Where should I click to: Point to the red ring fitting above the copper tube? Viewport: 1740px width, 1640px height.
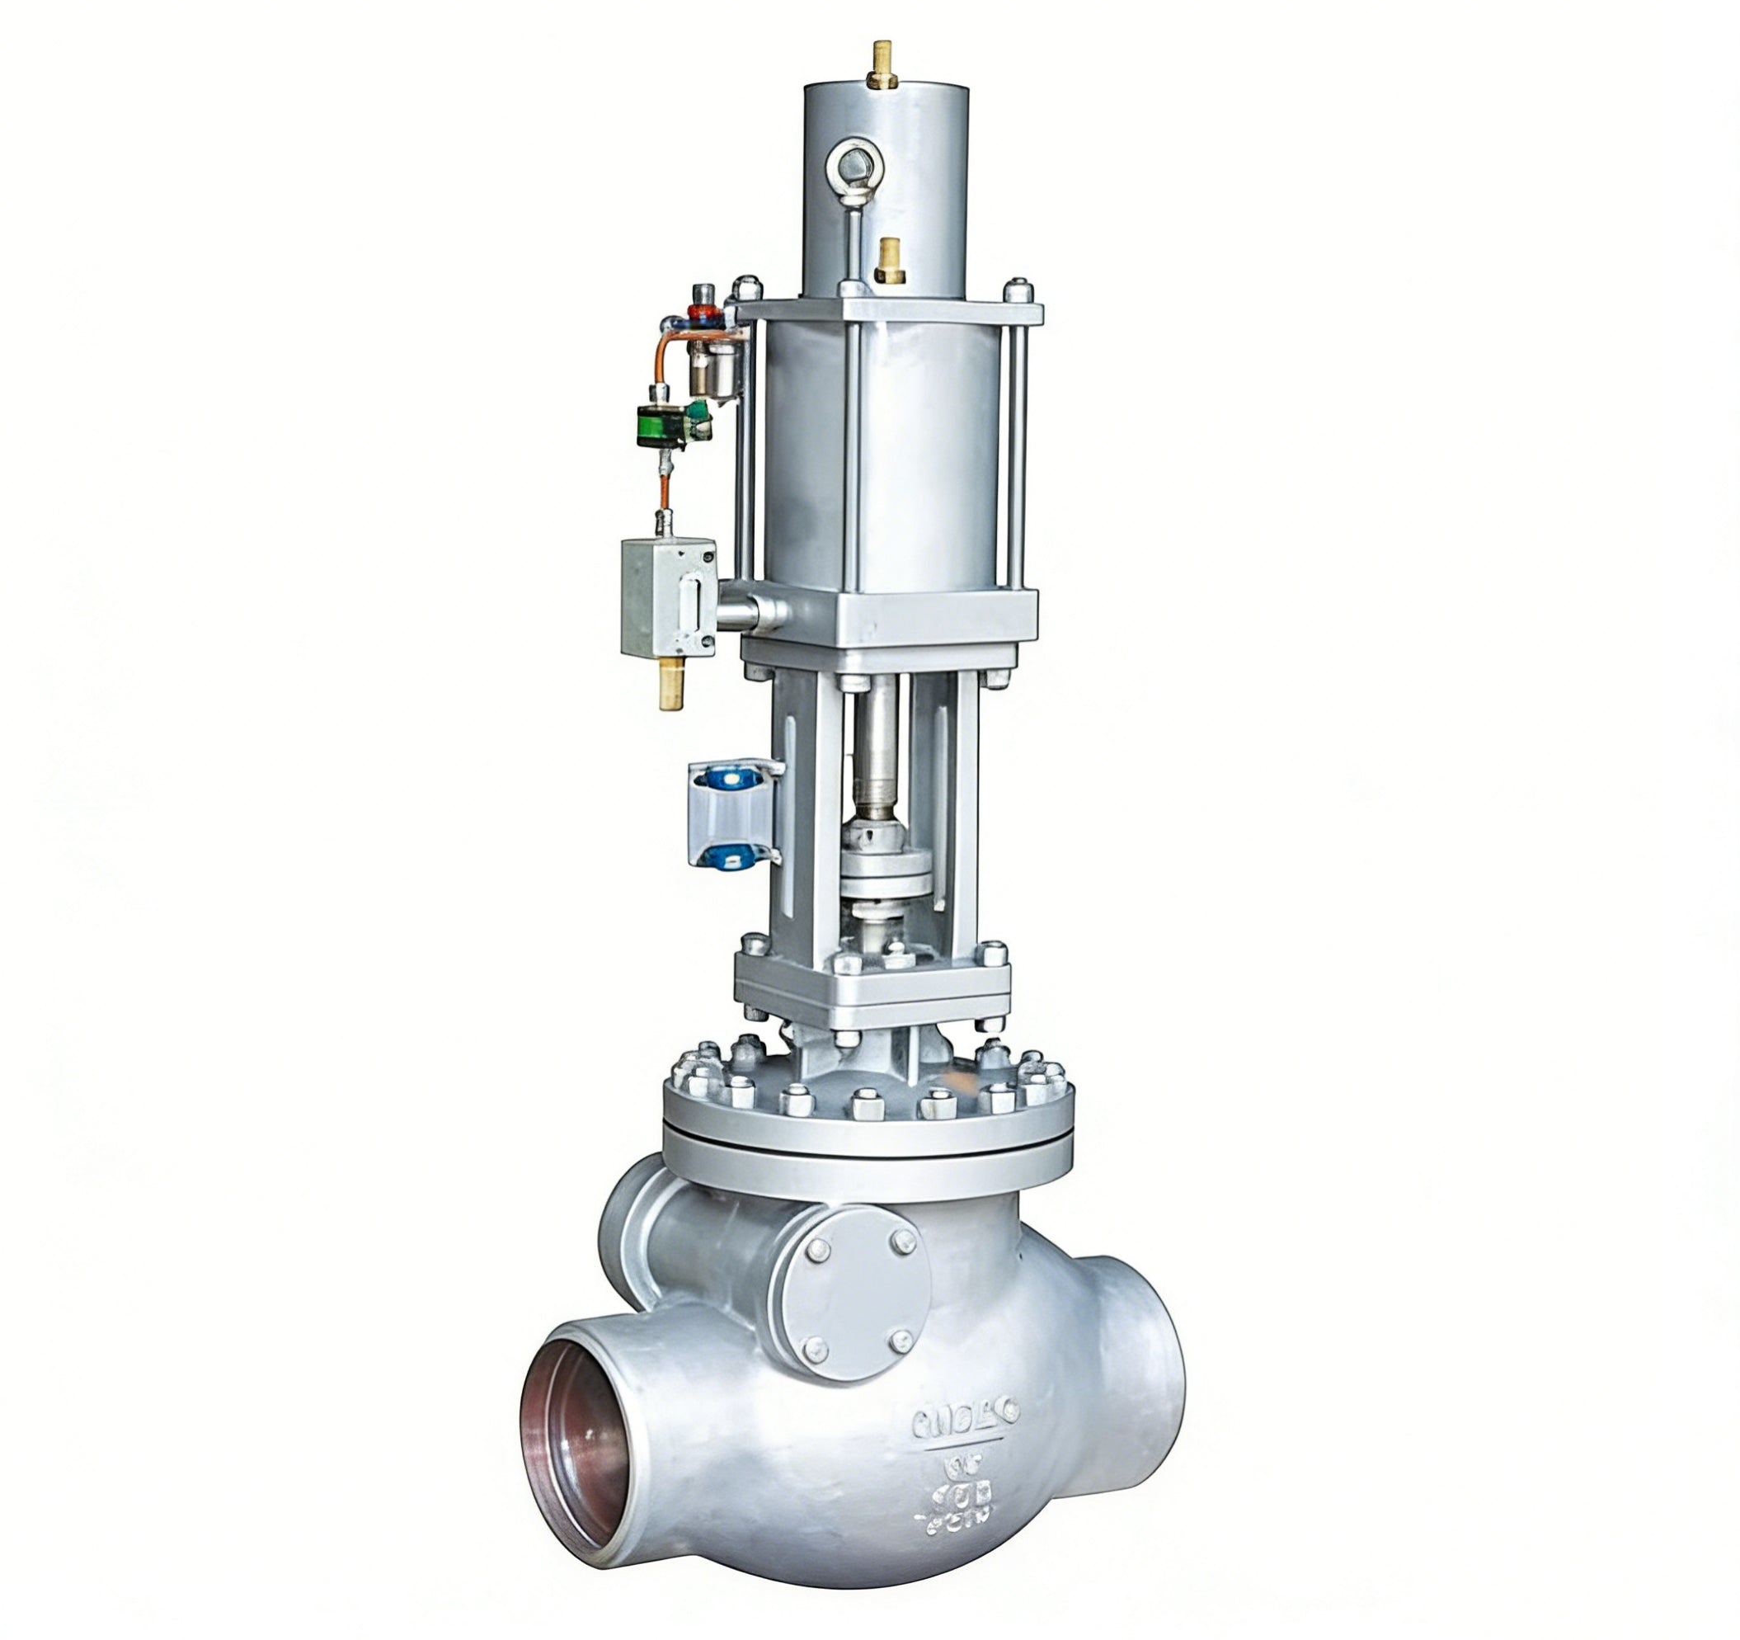701,311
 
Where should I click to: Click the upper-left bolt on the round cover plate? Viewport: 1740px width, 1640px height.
818,1251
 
